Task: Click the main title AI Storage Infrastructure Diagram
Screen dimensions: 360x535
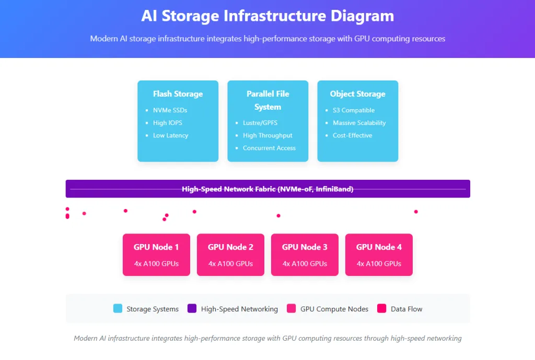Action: pos(267,16)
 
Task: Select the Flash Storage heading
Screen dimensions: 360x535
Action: pos(178,94)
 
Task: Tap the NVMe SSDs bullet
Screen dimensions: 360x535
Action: pos(170,110)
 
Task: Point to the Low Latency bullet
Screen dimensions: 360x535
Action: pos(170,135)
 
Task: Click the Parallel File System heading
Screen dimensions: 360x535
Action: pos(267,100)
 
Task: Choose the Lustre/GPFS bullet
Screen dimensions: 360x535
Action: pos(260,123)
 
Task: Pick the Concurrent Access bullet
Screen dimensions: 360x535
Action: pos(269,148)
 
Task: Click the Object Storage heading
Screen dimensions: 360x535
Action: pos(357,94)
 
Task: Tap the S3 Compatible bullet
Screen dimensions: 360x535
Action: pos(353,110)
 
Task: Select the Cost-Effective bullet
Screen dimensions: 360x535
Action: pos(352,135)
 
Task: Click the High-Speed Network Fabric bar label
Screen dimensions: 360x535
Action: pos(267,189)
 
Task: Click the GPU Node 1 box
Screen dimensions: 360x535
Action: pos(156,254)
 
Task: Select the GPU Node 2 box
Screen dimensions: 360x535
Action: pos(230,254)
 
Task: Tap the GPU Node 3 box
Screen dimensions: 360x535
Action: pos(305,254)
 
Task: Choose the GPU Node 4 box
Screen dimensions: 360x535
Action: pos(379,254)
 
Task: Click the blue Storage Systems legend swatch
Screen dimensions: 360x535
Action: pos(118,308)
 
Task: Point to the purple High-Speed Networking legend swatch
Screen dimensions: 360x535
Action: pos(192,308)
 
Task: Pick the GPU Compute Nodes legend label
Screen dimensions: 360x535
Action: pos(334,309)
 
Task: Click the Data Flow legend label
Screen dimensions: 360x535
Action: pos(406,309)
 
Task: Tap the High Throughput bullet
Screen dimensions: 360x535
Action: pos(267,135)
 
